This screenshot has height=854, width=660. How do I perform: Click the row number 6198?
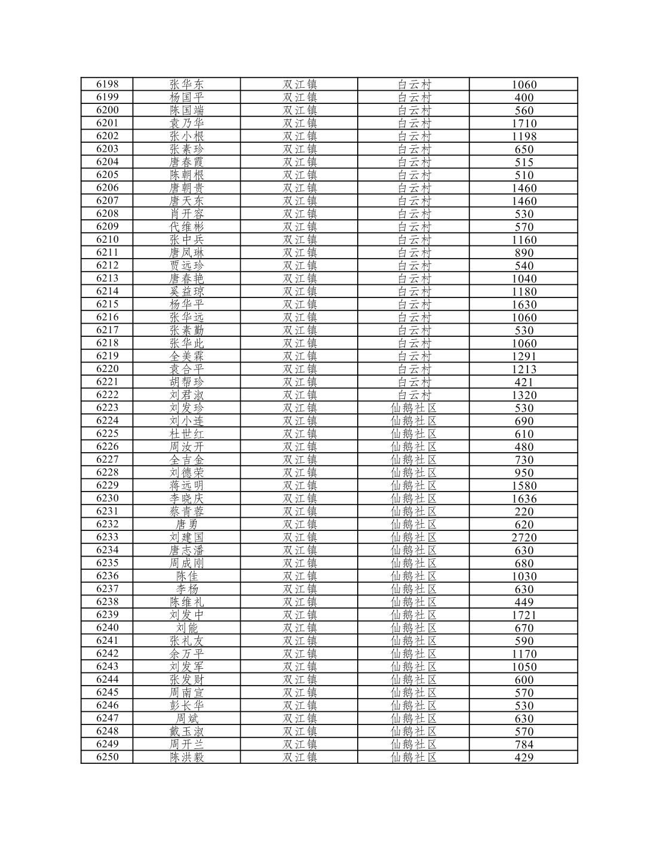[108, 84]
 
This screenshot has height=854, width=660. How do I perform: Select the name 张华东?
[186, 84]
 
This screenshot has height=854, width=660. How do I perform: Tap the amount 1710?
[524, 124]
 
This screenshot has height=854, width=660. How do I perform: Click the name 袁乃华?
[186, 123]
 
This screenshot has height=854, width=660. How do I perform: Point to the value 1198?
[524, 136]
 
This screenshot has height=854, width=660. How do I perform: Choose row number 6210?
[108, 239]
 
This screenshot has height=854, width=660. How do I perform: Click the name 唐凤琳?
[186, 253]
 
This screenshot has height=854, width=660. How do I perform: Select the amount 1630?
[524, 305]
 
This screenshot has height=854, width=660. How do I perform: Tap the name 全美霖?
[186, 356]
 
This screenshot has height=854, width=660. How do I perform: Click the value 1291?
[524, 357]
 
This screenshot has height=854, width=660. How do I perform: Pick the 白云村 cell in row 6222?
[414, 395]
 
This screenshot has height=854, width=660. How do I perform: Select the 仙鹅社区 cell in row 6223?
[414, 408]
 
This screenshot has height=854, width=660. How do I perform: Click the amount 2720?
[524, 537]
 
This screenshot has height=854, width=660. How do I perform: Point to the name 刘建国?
[186, 537]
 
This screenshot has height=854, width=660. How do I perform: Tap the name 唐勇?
[186, 524]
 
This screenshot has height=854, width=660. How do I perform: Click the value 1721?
[524, 615]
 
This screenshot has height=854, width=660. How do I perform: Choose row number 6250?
[108, 757]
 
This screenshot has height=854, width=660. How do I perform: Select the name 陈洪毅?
[186, 757]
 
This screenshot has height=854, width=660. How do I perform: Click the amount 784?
[524, 745]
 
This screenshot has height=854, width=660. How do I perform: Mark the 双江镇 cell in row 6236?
[299, 576]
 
